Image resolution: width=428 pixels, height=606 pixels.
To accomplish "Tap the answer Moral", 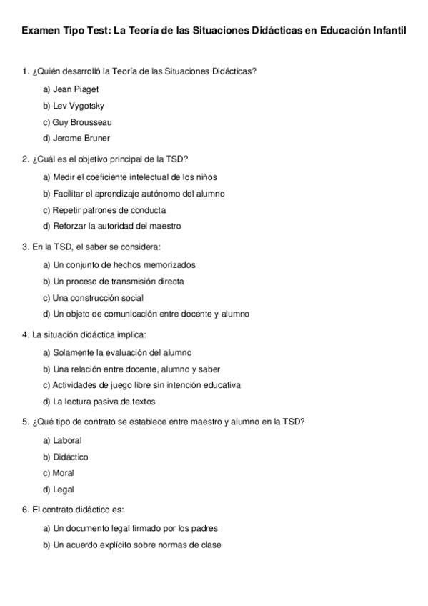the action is pos(64,473).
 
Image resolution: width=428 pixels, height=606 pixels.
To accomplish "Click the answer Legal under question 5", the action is pos(64,490).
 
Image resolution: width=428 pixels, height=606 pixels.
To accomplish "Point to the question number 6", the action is pos(25,510).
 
